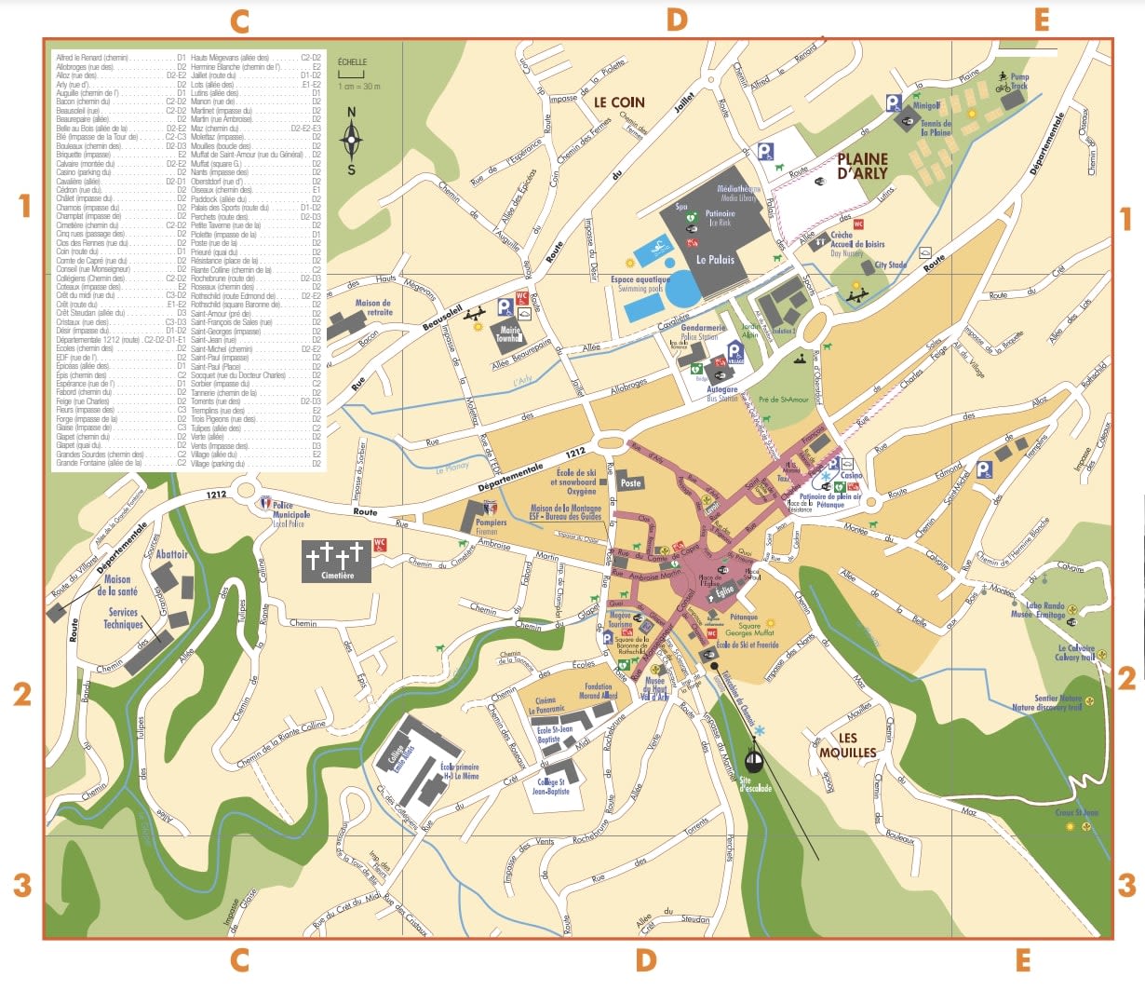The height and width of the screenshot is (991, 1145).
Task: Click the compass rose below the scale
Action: tap(351, 142)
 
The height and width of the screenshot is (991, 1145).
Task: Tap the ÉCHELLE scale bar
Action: tap(351, 74)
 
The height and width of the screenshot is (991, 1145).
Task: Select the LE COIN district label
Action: tap(619, 102)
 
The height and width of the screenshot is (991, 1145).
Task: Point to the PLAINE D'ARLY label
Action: tap(862, 166)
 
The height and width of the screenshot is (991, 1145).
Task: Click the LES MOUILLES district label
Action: tap(847, 745)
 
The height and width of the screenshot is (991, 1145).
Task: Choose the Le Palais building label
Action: tap(715, 259)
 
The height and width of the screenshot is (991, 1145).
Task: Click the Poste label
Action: tap(630, 483)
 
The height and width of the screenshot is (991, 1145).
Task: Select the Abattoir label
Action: tap(172, 554)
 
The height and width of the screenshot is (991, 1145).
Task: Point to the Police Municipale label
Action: tap(290, 510)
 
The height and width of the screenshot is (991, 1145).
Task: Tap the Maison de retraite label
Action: tap(373, 307)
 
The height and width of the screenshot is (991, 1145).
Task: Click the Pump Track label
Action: tap(1019, 82)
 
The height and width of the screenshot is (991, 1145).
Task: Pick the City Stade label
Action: tap(890, 265)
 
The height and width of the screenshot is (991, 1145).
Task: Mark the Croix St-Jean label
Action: tap(1076, 812)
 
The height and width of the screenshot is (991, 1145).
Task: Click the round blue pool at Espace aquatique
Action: tap(683, 289)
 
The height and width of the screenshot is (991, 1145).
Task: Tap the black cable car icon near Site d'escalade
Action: tap(754, 762)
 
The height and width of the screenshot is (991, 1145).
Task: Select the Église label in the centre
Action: tap(725, 591)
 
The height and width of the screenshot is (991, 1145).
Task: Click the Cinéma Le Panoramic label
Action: tap(546, 705)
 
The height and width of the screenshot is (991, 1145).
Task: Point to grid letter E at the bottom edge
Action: tap(1022, 960)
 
